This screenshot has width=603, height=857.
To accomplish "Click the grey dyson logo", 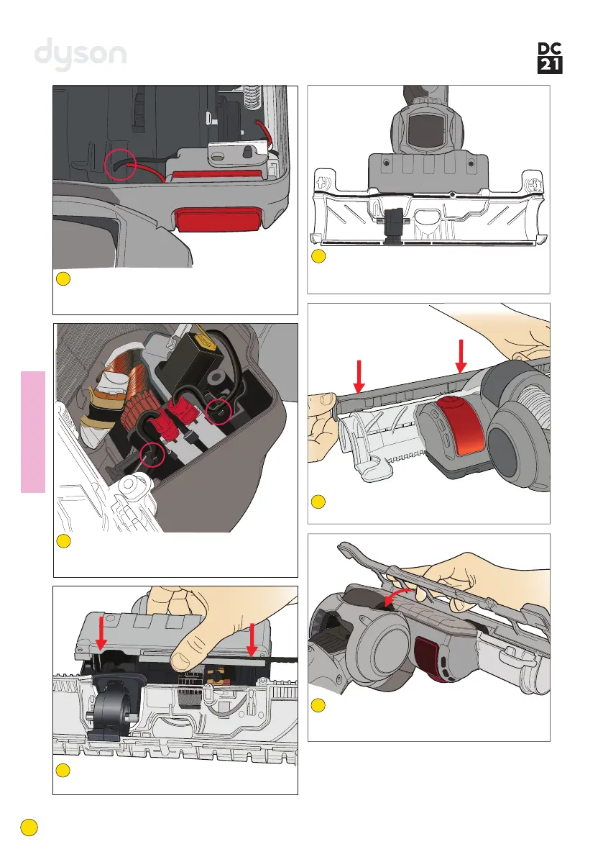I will (81, 55).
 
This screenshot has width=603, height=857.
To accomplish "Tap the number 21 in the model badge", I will (550, 66).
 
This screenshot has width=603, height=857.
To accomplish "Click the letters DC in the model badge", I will (550, 49).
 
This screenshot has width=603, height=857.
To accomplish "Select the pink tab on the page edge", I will (33, 432).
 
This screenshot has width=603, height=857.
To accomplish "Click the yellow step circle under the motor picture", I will (63, 542).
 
